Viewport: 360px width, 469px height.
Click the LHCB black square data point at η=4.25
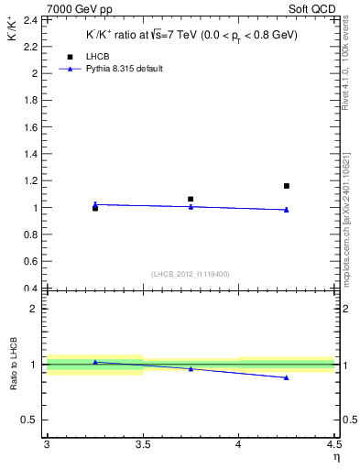click(x=287, y=186)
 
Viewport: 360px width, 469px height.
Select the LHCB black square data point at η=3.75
click(x=191, y=199)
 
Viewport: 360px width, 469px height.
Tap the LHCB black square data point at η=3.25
click(x=95, y=208)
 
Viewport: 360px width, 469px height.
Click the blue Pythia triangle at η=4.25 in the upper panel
click(x=287, y=210)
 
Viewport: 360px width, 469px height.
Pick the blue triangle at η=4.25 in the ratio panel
click(x=287, y=377)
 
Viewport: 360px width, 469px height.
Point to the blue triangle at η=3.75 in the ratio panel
click(x=191, y=368)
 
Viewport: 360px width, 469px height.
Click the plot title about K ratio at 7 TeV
click(x=190, y=35)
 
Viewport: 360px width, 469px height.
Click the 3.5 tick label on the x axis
click(x=142, y=446)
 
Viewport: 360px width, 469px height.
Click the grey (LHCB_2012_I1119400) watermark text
click(x=190, y=274)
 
